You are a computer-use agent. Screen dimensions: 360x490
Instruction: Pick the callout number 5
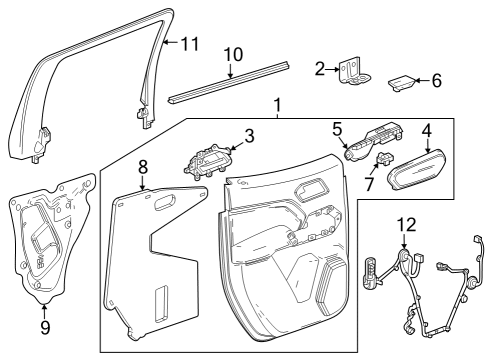pyautogui.click(x=338, y=128)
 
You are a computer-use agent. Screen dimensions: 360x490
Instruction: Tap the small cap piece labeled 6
pyautogui.click(x=400, y=82)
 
